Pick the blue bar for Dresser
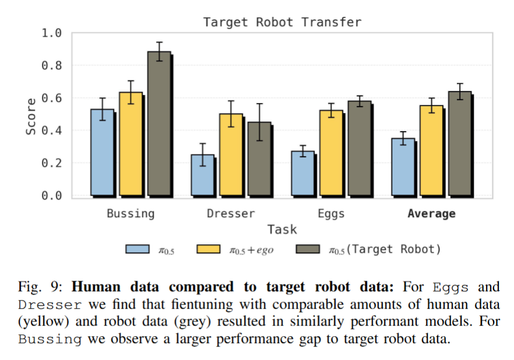pyautogui.click(x=203, y=175)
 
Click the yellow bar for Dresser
pyautogui.click(x=231, y=154)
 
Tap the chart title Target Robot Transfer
pyautogui.click(x=282, y=22)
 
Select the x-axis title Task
pyautogui.click(x=282, y=229)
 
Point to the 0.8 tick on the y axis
pyautogui.click(x=51, y=65)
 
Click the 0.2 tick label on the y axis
pyautogui.click(x=51, y=163)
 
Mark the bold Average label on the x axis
pyautogui.click(x=431, y=214)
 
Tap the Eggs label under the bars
pyautogui.click(x=331, y=214)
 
